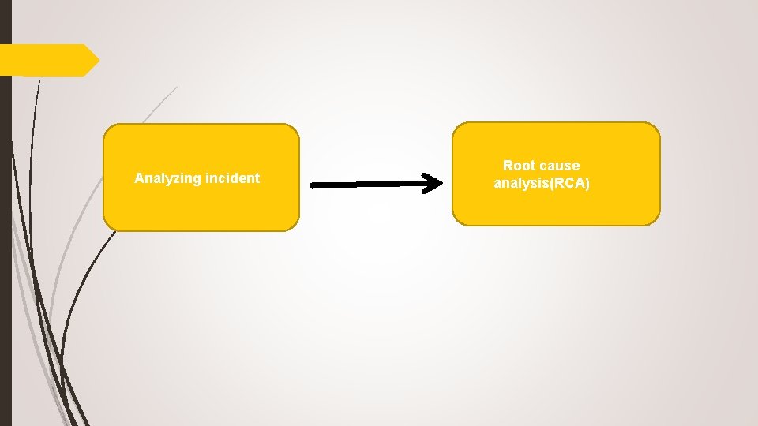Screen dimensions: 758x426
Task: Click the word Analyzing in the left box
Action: [167, 178]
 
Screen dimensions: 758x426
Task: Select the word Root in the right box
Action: [519, 166]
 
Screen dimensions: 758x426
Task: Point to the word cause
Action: [560, 166]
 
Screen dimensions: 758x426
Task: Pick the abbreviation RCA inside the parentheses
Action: [569, 184]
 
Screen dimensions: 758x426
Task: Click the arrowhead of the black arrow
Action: [433, 184]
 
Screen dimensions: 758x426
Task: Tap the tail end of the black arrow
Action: [314, 185]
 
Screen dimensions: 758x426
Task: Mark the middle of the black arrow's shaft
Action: [371, 185]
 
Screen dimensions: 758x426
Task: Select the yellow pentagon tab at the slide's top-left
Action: [47, 60]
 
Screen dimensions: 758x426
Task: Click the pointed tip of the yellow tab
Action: [99, 60]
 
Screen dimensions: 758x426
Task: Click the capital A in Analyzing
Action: [139, 178]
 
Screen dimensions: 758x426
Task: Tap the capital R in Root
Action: [508, 166]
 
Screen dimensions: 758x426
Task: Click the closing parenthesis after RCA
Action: [587, 184]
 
